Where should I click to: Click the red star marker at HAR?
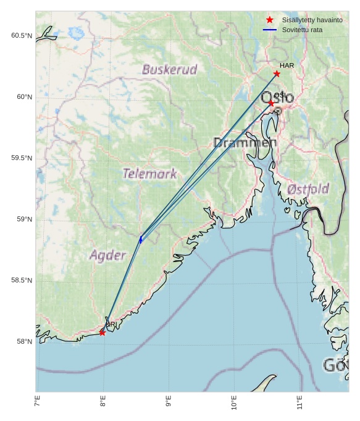tap(277, 74)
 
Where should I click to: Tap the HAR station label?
tap(287, 66)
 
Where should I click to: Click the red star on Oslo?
tap(271, 103)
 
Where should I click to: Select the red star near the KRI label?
tap(102, 333)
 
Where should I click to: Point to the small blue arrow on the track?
tap(141, 240)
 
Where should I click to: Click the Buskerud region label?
tap(169, 69)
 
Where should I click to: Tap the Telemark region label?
tap(149, 174)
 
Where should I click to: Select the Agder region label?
tap(107, 255)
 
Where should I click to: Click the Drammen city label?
tap(245, 143)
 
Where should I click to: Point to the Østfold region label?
tap(308, 189)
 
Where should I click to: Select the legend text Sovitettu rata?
tap(302, 30)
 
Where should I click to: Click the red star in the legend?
tap(270, 20)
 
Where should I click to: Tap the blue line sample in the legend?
tap(270, 30)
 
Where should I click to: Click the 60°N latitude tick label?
tap(21, 97)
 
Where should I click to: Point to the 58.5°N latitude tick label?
tap(21, 281)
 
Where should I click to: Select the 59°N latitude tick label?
tap(21, 219)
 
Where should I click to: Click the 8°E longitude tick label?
tap(103, 403)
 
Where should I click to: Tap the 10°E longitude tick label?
tap(234, 403)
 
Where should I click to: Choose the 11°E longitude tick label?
tap(299, 403)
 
